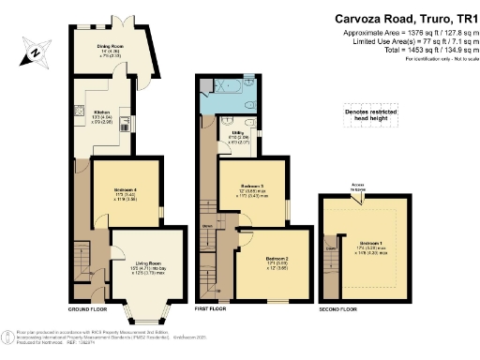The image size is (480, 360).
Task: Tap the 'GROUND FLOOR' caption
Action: coord(91,308)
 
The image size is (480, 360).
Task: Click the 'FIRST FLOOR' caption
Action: coord(212,308)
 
